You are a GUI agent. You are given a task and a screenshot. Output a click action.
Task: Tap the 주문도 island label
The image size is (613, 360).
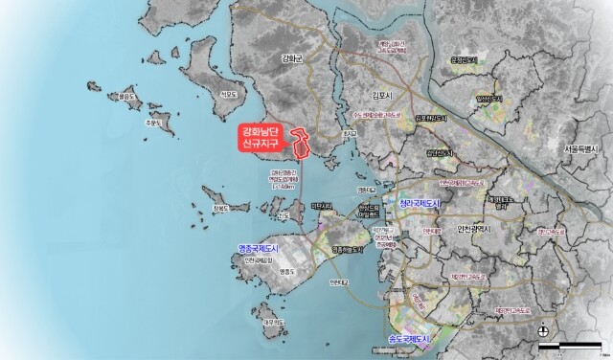pos(154,123)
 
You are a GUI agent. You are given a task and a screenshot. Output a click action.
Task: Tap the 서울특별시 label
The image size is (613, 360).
pos(580,149)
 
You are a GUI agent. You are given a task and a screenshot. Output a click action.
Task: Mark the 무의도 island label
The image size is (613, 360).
pos(274,323)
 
